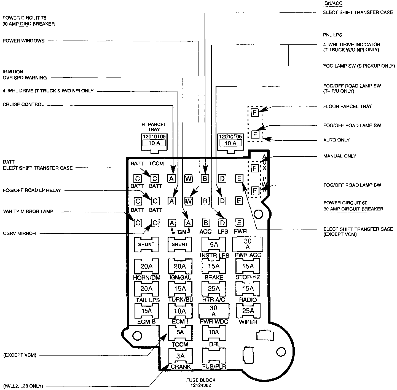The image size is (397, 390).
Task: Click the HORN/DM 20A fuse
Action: pos(146,266)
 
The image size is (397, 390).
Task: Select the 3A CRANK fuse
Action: pos(180,356)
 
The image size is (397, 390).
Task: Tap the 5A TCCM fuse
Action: pos(180,333)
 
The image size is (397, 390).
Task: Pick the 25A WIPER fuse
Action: pos(248,311)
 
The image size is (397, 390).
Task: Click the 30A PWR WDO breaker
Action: pos(214,311)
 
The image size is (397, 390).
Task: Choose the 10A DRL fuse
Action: pos(214,333)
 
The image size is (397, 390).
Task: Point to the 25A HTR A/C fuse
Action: pos(214,289)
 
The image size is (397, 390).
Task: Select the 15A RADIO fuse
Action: pos(248,289)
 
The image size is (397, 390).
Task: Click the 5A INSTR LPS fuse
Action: pos(214,245)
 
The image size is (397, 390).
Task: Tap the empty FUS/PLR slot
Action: pos(214,356)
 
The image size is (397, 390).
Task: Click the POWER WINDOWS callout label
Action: pos(23,41)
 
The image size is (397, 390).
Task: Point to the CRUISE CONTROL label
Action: pos(23,105)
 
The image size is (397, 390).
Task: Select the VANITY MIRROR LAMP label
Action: pos(28,212)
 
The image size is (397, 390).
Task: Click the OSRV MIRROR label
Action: pos(19,233)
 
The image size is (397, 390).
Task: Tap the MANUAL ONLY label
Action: pos(340,156)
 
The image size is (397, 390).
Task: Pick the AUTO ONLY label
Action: pos(336,140)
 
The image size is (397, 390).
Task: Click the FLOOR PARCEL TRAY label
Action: pos(348,106)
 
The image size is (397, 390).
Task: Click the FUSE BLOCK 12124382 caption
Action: pos(200,383)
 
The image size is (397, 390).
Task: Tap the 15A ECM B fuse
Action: pos(146,311)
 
